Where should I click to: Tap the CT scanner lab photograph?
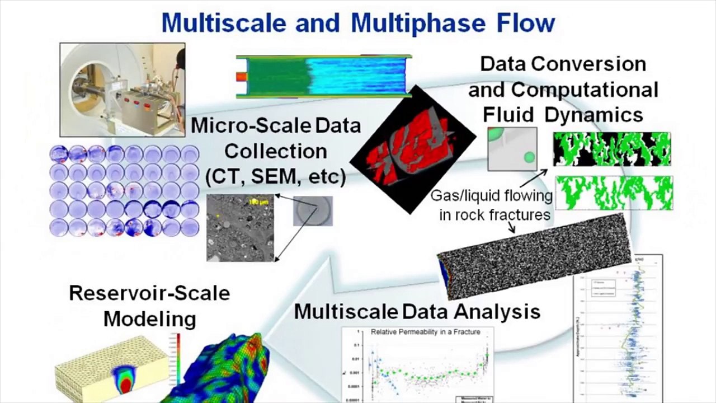click(123, 90)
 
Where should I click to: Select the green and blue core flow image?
click(324, 77)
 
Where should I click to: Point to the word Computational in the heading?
click(585, 90)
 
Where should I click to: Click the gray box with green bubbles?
click(512, 149)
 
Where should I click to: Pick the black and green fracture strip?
click(611, 149)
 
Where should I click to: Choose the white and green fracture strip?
click(614, 193)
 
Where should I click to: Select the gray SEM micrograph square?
click(241, 228)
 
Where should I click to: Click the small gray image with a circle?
click(313, 211)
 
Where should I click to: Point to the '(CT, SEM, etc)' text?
click(276, 177)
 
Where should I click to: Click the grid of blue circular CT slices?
click(124, 190)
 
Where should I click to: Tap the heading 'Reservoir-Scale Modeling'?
click(149, 306)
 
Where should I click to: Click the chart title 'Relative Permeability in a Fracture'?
click(425, 332)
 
